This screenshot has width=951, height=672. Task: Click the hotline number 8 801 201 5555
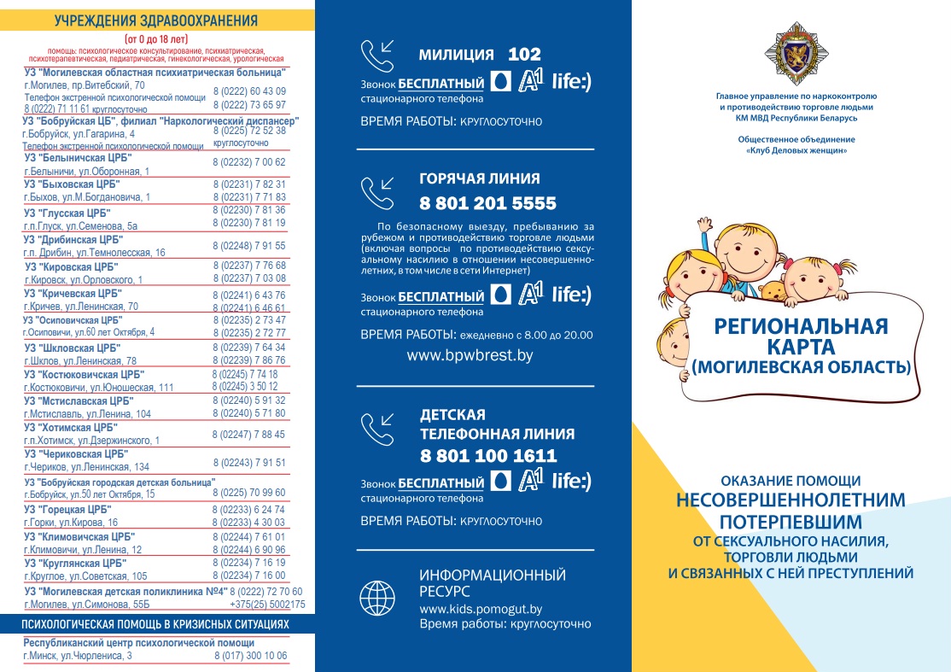pyautogui.click(x=487, y=204)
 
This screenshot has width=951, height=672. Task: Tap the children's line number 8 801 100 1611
pyautogui.click(x=487, y=455)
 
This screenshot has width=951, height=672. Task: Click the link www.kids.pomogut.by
pyautogui.click(x=481, y=609)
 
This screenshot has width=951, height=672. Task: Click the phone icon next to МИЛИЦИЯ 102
pyautogui.click(x=377, y=56)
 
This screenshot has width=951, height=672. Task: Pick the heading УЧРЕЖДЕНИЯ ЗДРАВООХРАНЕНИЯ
pyautogui.click(x=156, y=20)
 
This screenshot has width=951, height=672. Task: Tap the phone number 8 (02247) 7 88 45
pyautogui.click(x=248, y=434)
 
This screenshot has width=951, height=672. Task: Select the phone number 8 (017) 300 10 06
pyautogui.click(x=250, y=656)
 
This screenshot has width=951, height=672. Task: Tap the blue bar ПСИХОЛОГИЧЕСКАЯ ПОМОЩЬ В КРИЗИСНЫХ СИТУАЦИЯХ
pyautogui.click(x=156, y=625)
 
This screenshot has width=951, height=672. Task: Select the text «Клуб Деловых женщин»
pyautogui.click(x=796, y=150)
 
